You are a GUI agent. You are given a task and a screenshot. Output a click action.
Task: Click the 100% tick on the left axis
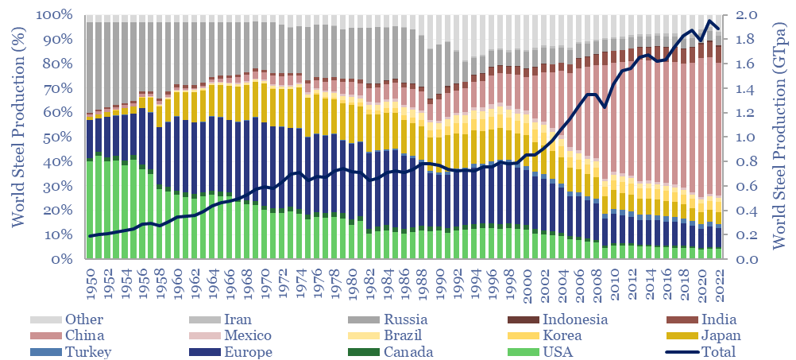55,15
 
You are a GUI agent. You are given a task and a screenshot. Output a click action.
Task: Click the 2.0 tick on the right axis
751,15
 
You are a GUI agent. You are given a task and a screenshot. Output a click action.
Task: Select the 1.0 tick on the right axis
751,137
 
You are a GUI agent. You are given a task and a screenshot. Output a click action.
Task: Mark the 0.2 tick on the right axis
751,235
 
